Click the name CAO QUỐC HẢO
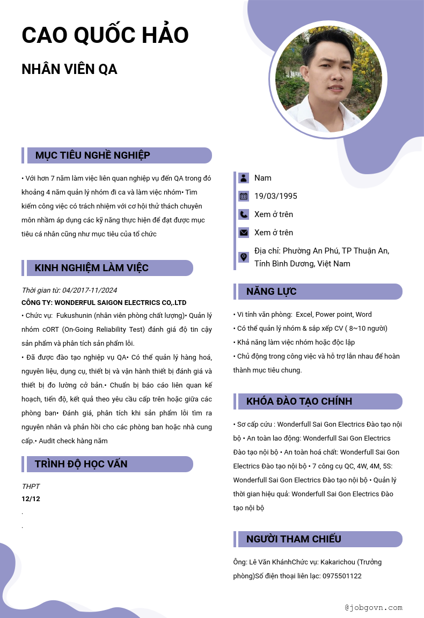tap(105, 35)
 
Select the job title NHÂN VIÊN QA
tap(69, 70)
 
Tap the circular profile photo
tap(328, 79)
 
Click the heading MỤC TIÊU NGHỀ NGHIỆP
tap(93, 155)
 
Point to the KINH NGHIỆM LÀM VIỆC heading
tap(92, 268)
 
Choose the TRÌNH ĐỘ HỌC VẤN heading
tap(81, 464)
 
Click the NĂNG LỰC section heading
tap(272, 292)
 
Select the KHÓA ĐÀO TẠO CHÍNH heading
tap(299, 401)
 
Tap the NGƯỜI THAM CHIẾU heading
tap(294, 539)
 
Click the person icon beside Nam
tap(244, 178)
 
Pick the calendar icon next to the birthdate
tap(244, 196)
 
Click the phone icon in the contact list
tap(244, 214)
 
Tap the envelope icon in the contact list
tap(244, 233)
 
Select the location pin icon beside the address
tap(244, 257)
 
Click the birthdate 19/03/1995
tap(276, 196)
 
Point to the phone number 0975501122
tap(341, 576)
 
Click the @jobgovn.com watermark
tap(374, 608)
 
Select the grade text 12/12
tap(31, 499)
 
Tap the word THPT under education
tap(31, 487)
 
